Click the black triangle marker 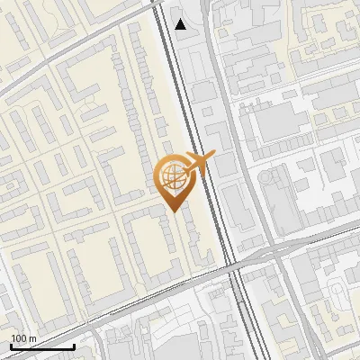[181, 24]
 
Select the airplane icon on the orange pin [200, 163]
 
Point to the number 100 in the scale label [19, 338]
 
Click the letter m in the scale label [32, 338]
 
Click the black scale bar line [41, 346]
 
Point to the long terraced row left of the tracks [144, 99]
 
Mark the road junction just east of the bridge [270, 253]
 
